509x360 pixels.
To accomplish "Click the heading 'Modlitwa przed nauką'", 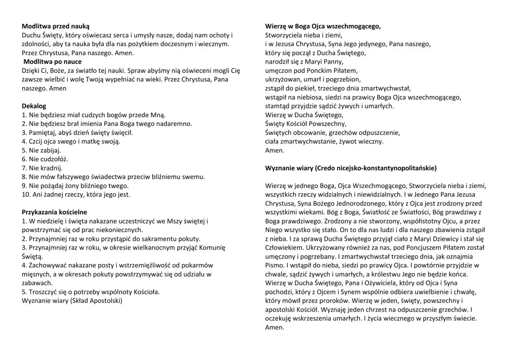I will pos(56,26).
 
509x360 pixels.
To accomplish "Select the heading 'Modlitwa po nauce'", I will pos(52,62).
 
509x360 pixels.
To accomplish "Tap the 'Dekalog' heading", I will pos(34,106).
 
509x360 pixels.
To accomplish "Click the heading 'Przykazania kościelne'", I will pos(54,212).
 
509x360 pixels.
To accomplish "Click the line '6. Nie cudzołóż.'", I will pos(45,159).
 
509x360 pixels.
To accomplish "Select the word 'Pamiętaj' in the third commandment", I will pos(41,133).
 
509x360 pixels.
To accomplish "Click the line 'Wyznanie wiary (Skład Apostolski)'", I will pos(72,301).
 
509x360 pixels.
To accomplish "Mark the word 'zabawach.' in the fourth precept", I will pos(37,283).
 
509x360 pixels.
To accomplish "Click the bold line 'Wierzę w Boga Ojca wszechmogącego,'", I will pos(323,26).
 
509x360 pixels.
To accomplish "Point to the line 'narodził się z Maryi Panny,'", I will pos(304,62).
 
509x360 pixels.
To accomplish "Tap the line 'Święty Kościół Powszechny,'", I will pos(305,124).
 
